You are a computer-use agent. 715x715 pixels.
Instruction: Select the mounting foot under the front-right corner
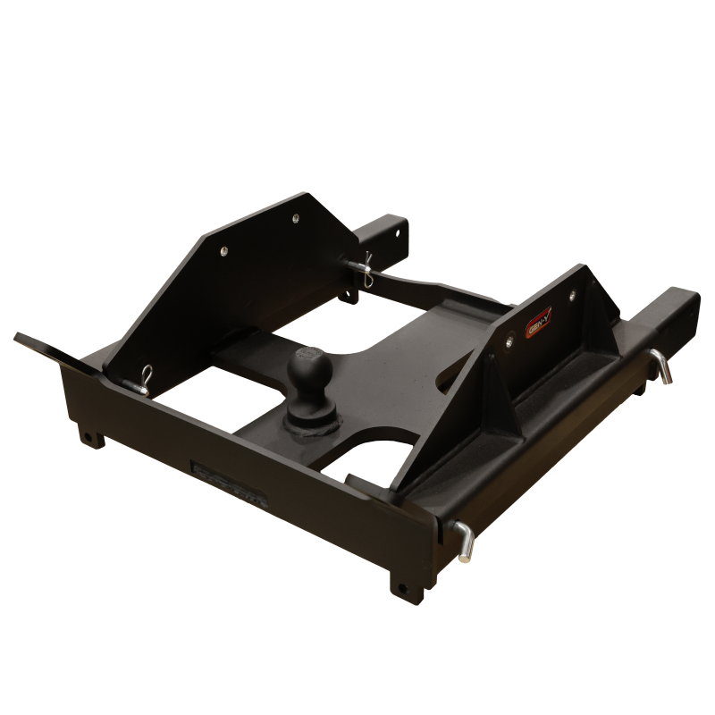403,591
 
